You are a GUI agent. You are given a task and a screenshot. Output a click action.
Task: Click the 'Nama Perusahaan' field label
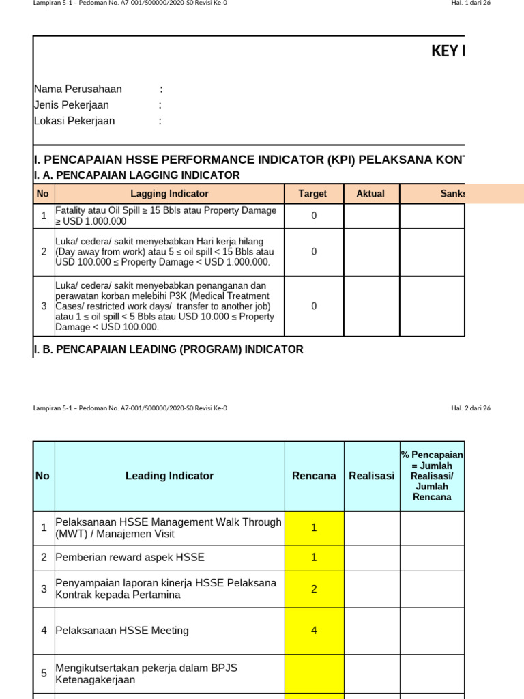click(78, 89)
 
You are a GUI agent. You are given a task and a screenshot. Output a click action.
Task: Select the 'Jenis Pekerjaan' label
click(72, 105)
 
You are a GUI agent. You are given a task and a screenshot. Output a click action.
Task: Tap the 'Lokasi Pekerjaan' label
click(74, 121)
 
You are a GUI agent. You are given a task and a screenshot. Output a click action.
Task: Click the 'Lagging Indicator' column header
click(169, 194)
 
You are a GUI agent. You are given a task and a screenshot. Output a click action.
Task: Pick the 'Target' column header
click(313, 194)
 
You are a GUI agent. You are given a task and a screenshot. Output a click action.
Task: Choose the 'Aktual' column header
click(371, 194)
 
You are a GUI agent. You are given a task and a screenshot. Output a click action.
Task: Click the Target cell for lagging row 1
click(314, 216)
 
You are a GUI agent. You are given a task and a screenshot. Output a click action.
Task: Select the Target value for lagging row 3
click(314, 306)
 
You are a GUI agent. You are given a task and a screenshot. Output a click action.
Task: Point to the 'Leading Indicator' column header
click(169, 476)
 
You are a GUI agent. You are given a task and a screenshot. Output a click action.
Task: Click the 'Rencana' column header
click(314, 476)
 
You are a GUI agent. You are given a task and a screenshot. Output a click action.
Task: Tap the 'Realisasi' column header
click(372, 476)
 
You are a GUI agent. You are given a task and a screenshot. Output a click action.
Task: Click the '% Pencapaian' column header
click(432, 476)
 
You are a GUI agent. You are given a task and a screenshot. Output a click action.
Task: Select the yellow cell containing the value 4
click(314, 631)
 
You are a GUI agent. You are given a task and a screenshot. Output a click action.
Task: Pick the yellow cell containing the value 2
click(314, 589)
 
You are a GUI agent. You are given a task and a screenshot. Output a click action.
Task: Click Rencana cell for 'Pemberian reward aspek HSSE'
click(314, 558)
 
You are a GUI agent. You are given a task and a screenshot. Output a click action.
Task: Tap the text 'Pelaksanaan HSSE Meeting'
click(122, 631)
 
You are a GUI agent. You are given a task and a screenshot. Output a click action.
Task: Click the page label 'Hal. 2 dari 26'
click(471, 408)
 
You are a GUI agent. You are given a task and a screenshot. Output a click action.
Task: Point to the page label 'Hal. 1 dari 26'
click(471, 3)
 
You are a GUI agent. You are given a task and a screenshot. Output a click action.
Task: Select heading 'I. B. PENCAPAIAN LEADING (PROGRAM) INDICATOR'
click(169, 349)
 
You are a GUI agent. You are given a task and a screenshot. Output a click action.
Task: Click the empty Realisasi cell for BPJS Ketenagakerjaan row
click(372, 674)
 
